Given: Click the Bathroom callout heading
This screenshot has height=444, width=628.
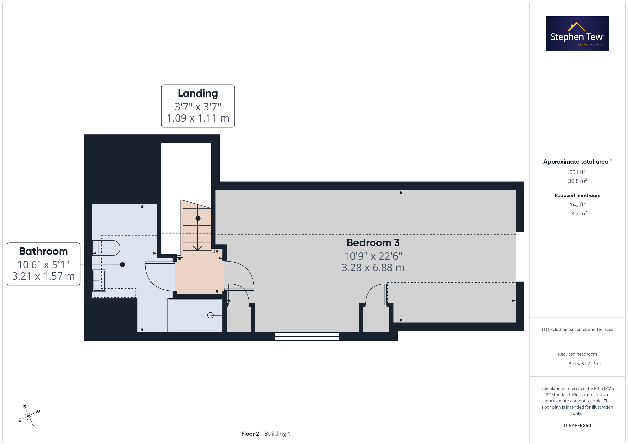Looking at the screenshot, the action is pyautogui.click(x=43, y=251).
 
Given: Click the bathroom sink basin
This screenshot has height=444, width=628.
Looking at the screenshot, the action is pyautogui.click(x=99, y=281).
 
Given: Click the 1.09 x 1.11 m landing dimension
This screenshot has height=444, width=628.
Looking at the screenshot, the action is pyautogui.click(x=198, y=118).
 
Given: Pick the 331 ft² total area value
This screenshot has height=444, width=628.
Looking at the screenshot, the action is pyautogui.click(x=577, y=172).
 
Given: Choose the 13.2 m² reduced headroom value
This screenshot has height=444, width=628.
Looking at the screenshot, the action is pyautogui.click(x=577, y=213).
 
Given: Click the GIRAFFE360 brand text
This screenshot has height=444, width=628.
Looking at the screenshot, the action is pyautogui.click(x=577, y=426).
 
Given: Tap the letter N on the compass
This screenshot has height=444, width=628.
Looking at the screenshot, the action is pyautogui.click(x=33, y=425).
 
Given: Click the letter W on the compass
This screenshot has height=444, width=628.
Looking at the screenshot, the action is pyautogui.click(x=38, y=411).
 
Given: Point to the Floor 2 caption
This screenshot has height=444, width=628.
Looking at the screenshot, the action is pyautogui.click(x=250, y=434).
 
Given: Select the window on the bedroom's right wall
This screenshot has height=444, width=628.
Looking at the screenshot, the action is pyautogui.click(x=520, y=257).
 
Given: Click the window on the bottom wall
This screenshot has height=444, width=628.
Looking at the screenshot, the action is pyautogui.click(x=307, y=337).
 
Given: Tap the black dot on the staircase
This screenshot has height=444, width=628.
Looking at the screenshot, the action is pyautogui.click(x=198, y=218).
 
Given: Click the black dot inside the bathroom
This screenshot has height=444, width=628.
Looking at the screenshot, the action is pyautogui.click(x=122, y=265).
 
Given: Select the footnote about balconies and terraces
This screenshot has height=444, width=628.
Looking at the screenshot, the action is pyautogui.click(x=577, y=329).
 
